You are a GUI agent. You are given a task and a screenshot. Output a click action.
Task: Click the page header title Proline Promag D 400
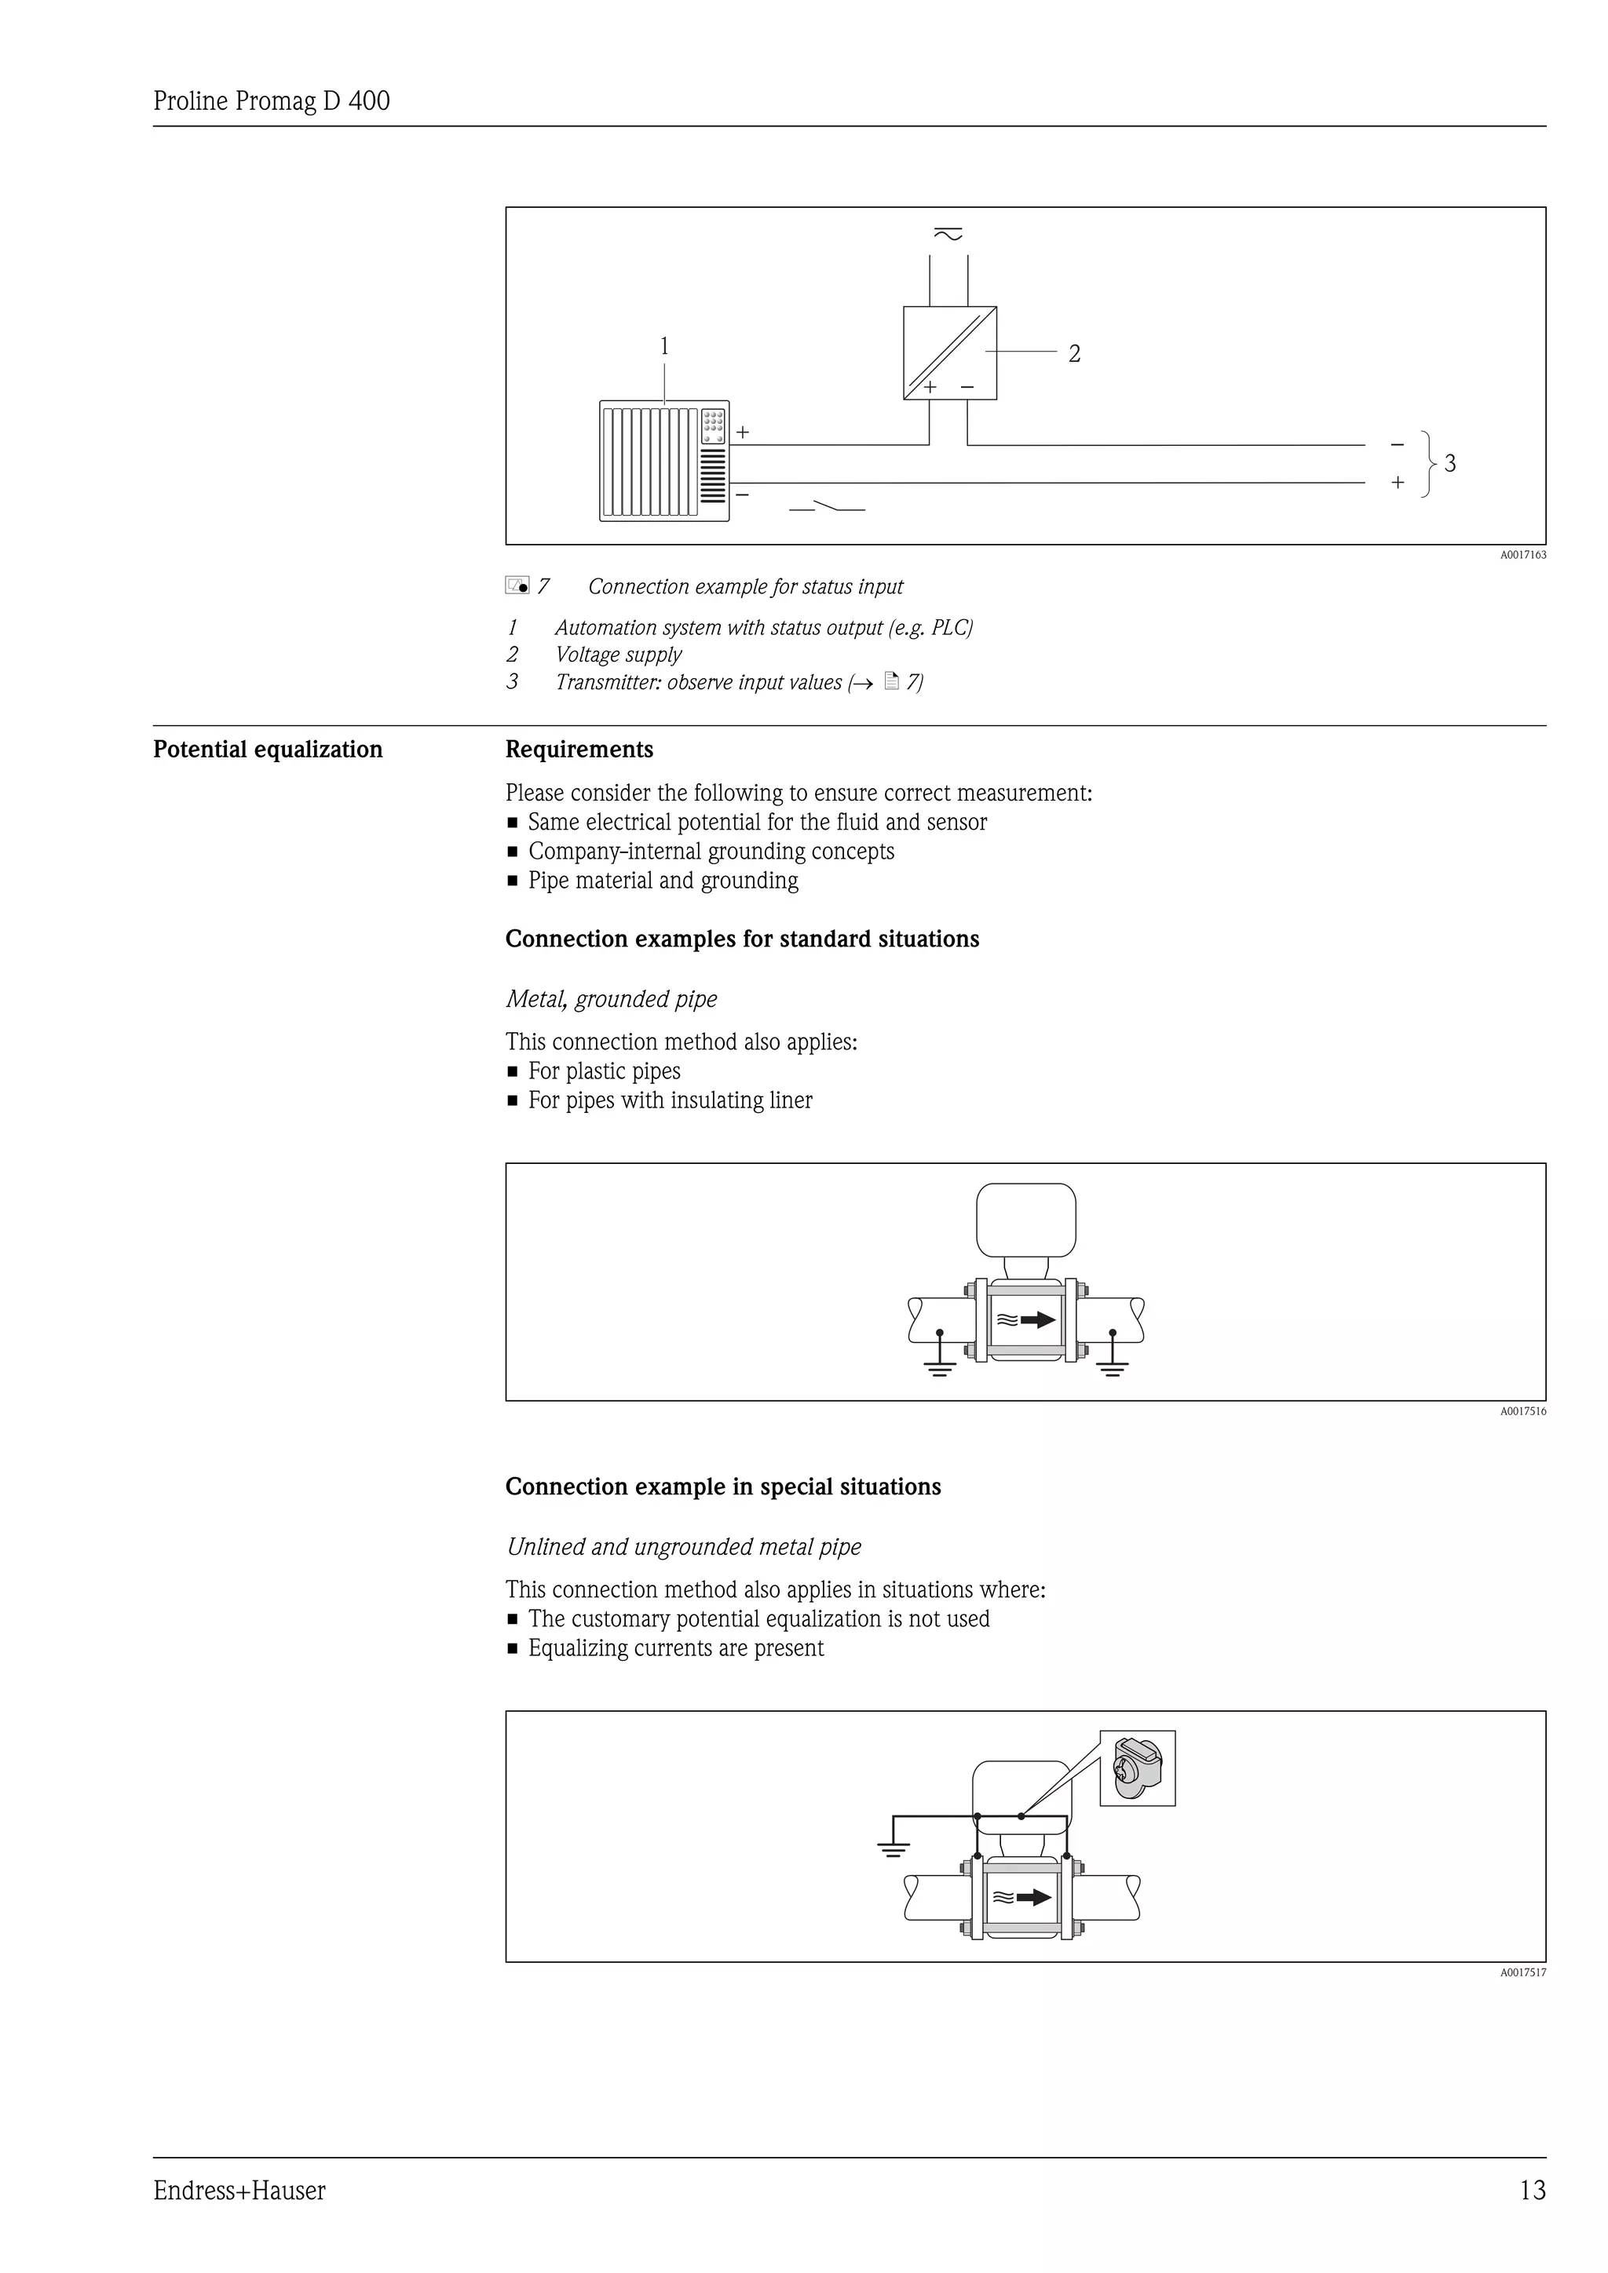point(272,101)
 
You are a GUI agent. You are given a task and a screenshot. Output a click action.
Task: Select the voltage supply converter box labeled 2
point(948,352)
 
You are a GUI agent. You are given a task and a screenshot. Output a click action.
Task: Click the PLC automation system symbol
point(663,461)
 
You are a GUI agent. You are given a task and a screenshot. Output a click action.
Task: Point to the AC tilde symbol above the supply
point(948,235)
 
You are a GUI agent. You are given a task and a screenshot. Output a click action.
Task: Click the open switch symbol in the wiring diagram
point(827,507)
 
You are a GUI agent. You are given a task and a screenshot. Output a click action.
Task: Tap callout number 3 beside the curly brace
point(1449,462)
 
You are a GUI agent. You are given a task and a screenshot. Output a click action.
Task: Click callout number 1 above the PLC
point(664,345)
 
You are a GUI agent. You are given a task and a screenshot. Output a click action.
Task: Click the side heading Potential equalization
point(267,750)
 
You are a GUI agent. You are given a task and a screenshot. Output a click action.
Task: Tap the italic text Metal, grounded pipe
point(611,999)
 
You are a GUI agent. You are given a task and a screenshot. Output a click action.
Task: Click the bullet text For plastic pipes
point(604,1071)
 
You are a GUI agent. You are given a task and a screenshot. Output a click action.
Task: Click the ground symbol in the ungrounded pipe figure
point(893,1848)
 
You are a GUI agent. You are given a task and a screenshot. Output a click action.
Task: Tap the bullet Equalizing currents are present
point(675,1648)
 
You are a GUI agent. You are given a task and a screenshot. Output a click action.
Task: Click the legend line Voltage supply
point(618,655)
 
